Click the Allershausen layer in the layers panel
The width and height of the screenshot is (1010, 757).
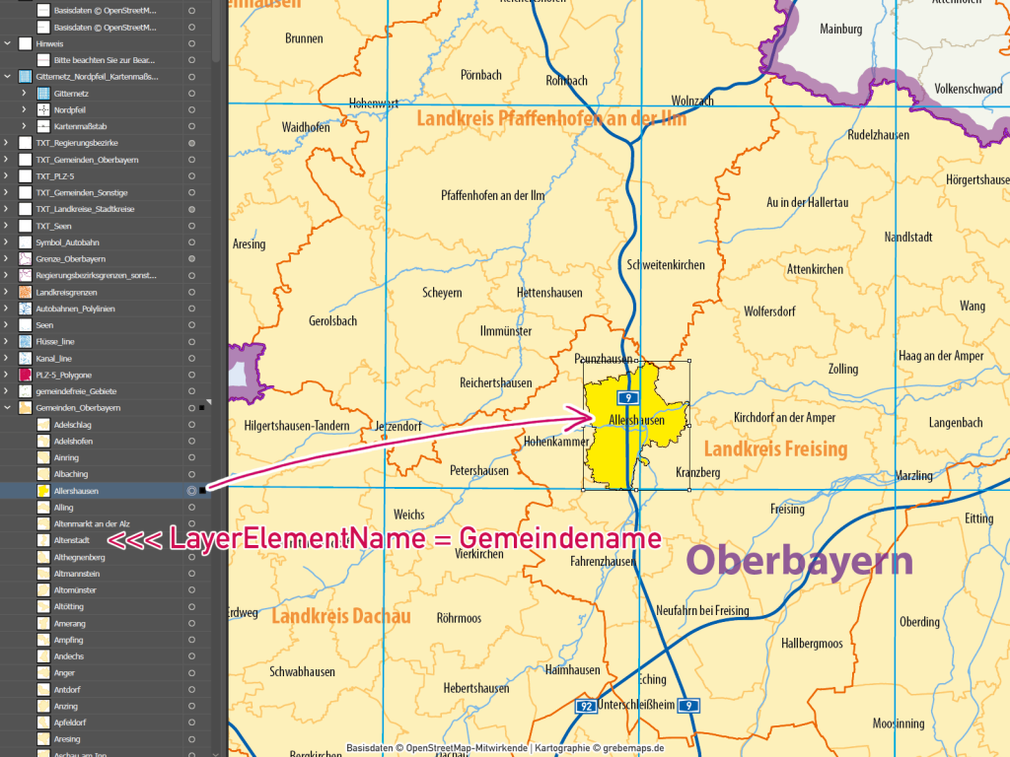(76, 490)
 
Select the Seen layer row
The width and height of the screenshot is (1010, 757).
(44, 324)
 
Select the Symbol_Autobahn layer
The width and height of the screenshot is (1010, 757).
(67, 241)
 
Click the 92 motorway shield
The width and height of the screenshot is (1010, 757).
(586, 706)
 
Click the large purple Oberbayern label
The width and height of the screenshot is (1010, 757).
(799, 561)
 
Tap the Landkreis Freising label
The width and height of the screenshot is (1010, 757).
(775, 449)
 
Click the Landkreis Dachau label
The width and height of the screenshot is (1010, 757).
(340, 617)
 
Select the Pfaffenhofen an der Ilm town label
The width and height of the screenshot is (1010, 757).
(506, 195)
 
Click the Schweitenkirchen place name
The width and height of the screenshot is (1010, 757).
(666, 265)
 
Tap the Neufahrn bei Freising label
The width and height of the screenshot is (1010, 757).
(702, 611)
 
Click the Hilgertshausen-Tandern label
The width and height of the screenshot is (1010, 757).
(296, 426)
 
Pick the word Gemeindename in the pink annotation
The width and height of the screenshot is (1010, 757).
(559, 539)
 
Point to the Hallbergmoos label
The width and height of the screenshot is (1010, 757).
(812, 644)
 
